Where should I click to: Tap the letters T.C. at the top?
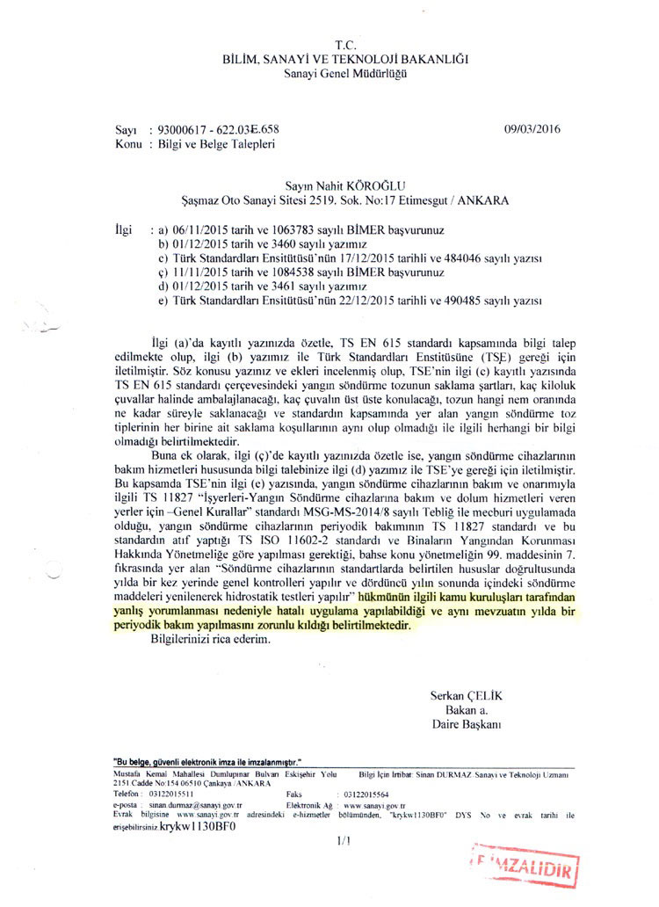point(345,45)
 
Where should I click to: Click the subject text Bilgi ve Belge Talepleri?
point(213,142)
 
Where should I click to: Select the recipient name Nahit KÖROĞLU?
point(361,185)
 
